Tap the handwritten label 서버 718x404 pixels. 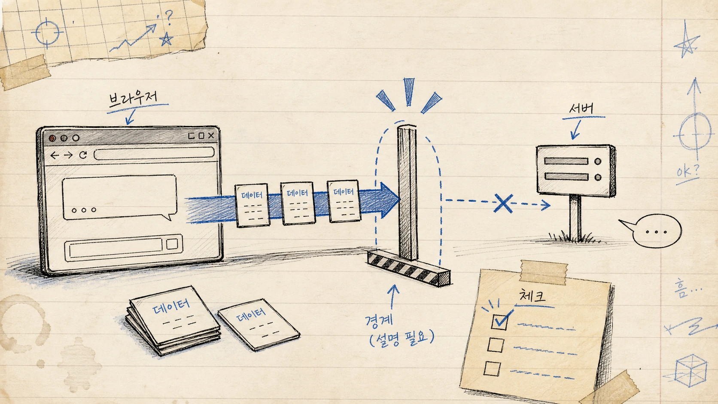pos(581,109)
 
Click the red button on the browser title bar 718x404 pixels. pos(52,138)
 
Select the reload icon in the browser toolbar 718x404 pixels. pos(83,155)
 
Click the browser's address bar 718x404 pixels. pos(154,153)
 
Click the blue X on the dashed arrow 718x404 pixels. pos(503,203)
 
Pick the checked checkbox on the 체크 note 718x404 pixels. pos(499,322)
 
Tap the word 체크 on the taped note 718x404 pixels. pos(532,295)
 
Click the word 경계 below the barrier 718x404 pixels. pos(379,320)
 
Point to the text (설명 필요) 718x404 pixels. pos(402,339)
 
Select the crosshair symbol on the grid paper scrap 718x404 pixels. pos(47,33)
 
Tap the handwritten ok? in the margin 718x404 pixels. pos(687,172)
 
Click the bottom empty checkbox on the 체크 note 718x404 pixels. pos(492,368)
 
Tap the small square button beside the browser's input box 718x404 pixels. pos(172,244)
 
